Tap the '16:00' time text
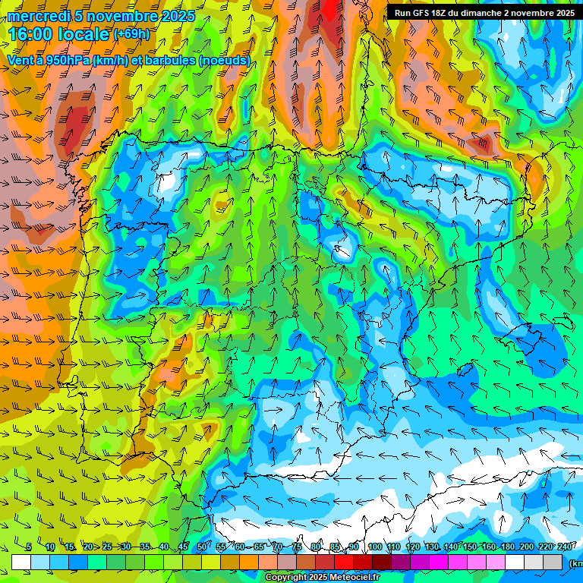(x=30, y=34)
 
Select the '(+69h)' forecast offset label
(x=131, y=33)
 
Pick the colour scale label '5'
(x=29, y=547)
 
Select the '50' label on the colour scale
(x=202, y=547)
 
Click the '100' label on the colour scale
(x=375, y=547)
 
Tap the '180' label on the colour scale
(x=508, y=547)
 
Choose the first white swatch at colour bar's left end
(x=21, y=562)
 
